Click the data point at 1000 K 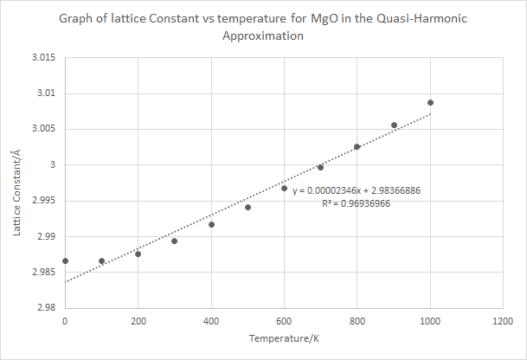(x=430, y=102)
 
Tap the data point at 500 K (x=247, y=207)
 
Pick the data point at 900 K (x=394, y=125)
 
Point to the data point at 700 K (x=320, y=167)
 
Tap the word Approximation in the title (x=263, y=37)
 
